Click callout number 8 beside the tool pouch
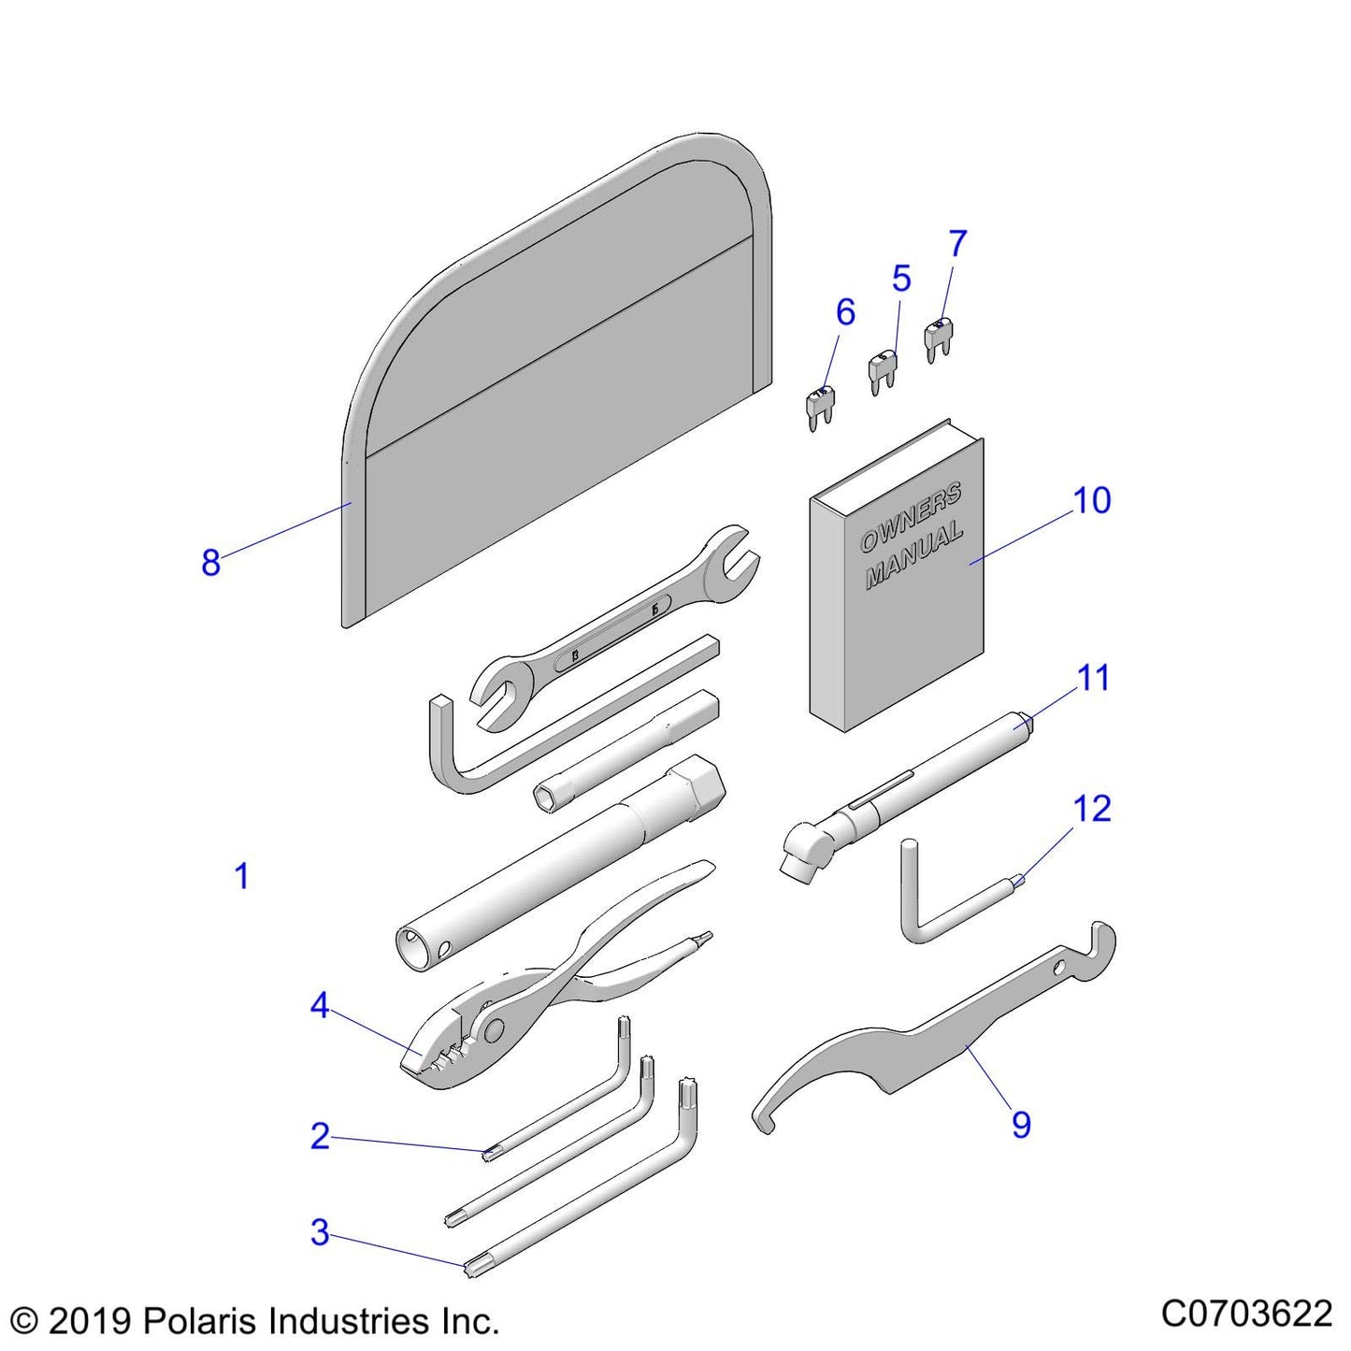tap(210, 563)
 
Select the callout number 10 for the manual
tap(1091, 501)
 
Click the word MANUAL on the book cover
tap(913, 557)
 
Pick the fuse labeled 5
tap(882, 372)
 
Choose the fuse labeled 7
tap(938, 341)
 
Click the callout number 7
tap(957, 244)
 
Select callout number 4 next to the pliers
tap(320, 1006)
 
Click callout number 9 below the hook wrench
tap(1021, 1125)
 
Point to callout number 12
tap(1091, 810)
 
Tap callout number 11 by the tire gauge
tap(1092, 679)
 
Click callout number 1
tap(241, 877)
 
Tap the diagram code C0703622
tap(1245, 1314)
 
